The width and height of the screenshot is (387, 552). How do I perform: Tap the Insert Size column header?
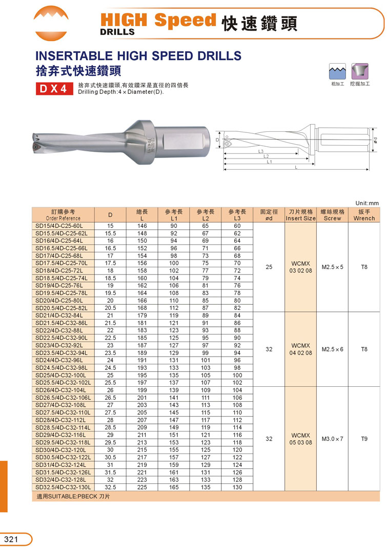tap(301, 214)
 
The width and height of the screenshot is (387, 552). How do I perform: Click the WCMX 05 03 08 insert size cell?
tap(301, 439)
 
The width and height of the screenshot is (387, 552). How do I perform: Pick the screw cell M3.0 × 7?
tap(333, 439)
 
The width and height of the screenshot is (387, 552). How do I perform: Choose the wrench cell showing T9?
tap(364, 439)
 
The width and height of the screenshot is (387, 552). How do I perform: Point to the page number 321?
tap(11, 539)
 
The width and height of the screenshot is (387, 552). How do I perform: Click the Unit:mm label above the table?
tap(366, 203)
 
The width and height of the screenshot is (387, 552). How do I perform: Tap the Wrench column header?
tap(364, 214)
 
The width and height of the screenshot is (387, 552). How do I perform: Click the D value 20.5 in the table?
tap(110, 307)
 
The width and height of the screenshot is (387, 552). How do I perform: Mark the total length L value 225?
tap(142, 487)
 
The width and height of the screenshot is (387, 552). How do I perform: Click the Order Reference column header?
tap(63, 214)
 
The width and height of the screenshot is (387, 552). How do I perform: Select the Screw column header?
tap(333, 214)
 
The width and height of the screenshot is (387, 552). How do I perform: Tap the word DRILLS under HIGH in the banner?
tap(117, 31)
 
